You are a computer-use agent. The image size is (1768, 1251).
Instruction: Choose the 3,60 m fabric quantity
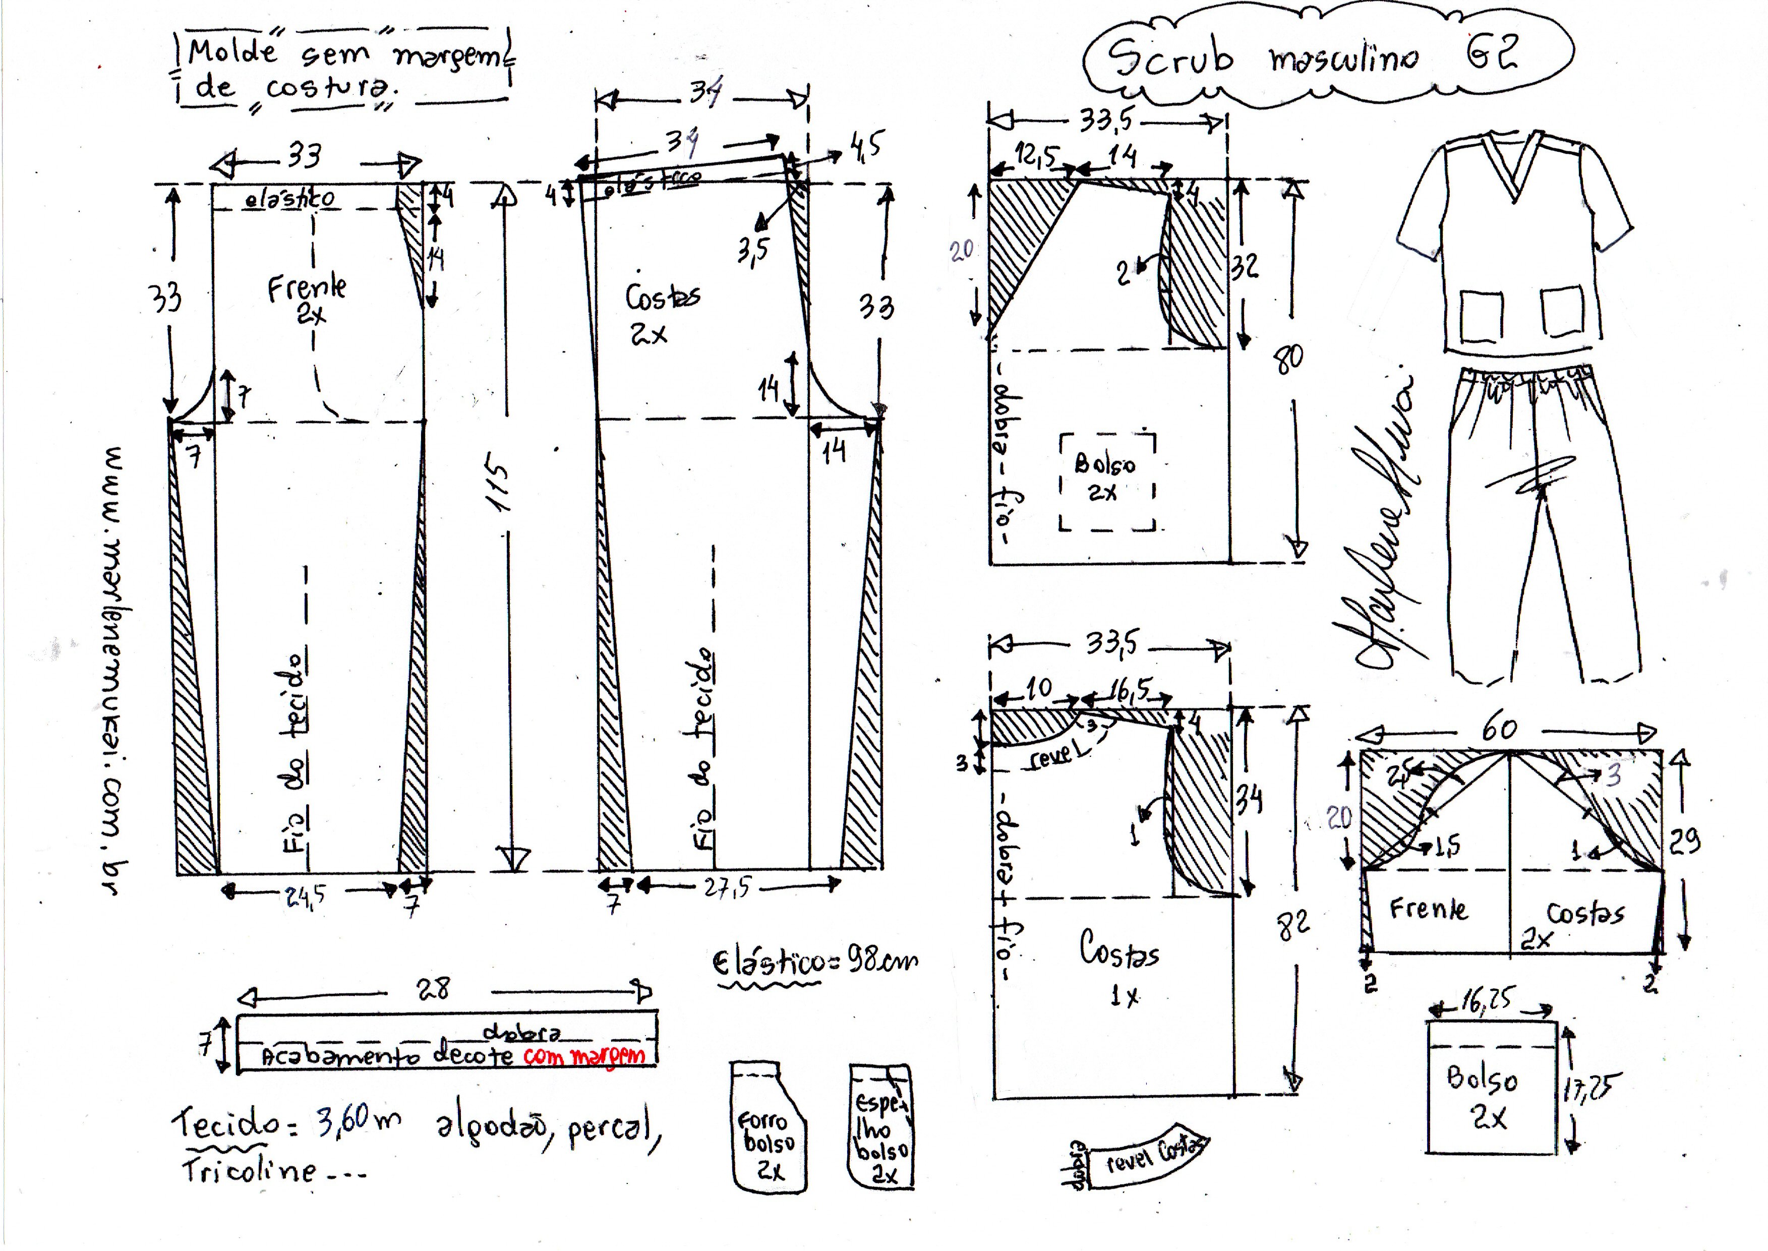click(358, 1121)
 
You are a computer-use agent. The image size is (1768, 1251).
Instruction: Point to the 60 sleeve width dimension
click(1498, 728)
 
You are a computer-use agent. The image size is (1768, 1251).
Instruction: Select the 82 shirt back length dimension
click(1292, 924)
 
